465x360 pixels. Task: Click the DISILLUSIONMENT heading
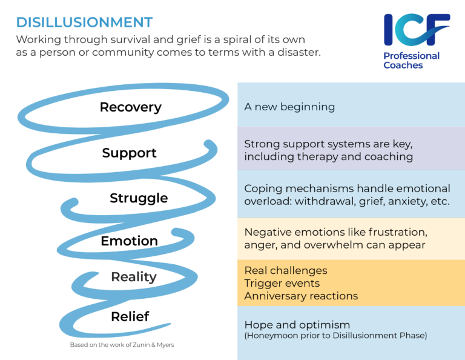coord(84,22)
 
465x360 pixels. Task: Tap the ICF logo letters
coord(417,30)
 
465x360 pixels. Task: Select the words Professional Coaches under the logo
coord(411,61)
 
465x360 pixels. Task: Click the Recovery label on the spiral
coord(130,107)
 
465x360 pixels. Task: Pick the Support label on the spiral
coord(129,153)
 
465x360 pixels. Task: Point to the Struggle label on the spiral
coord(139,198)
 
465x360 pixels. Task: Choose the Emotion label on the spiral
coord(129,241)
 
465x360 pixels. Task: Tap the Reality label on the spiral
coord(134,277)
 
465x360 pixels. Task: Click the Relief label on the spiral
coord(130,316)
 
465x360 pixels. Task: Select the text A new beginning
coord(289,107)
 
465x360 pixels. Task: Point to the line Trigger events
coord(282,283)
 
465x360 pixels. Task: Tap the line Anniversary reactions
coord(301,296)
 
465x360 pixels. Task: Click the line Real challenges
coord(285,270)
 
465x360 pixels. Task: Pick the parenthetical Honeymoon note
coord(335,336)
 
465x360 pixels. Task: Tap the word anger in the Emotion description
coord(261,245)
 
